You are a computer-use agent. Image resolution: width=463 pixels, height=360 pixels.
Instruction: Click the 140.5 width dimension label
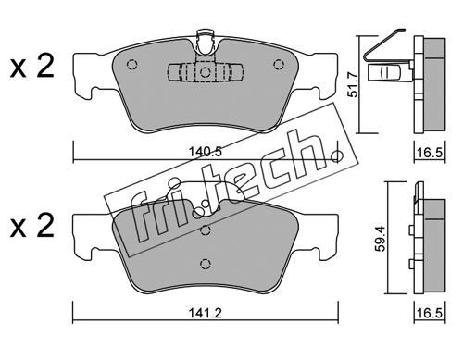[x=206, y=152]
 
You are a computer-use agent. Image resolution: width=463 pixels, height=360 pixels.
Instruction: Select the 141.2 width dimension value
[x=206, y=313]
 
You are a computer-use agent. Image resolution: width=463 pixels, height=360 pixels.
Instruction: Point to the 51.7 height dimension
[x=353, y=84]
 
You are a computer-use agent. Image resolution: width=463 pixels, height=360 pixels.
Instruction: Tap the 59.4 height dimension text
[x=381, y=239]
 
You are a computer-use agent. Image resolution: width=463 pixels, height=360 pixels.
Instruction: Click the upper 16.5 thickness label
[x=430, y=153]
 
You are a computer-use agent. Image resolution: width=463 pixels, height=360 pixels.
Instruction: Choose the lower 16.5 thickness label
[x=430, y=313]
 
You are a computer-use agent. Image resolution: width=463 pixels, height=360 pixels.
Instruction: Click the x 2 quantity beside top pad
[x=32, y=67]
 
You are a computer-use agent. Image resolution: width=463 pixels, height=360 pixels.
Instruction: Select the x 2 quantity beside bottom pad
[x=32, y=226]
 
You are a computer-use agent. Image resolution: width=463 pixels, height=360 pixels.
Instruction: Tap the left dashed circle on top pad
[x=132, y=64]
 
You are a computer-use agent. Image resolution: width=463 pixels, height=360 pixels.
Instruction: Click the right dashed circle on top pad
[x=279, y=64]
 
